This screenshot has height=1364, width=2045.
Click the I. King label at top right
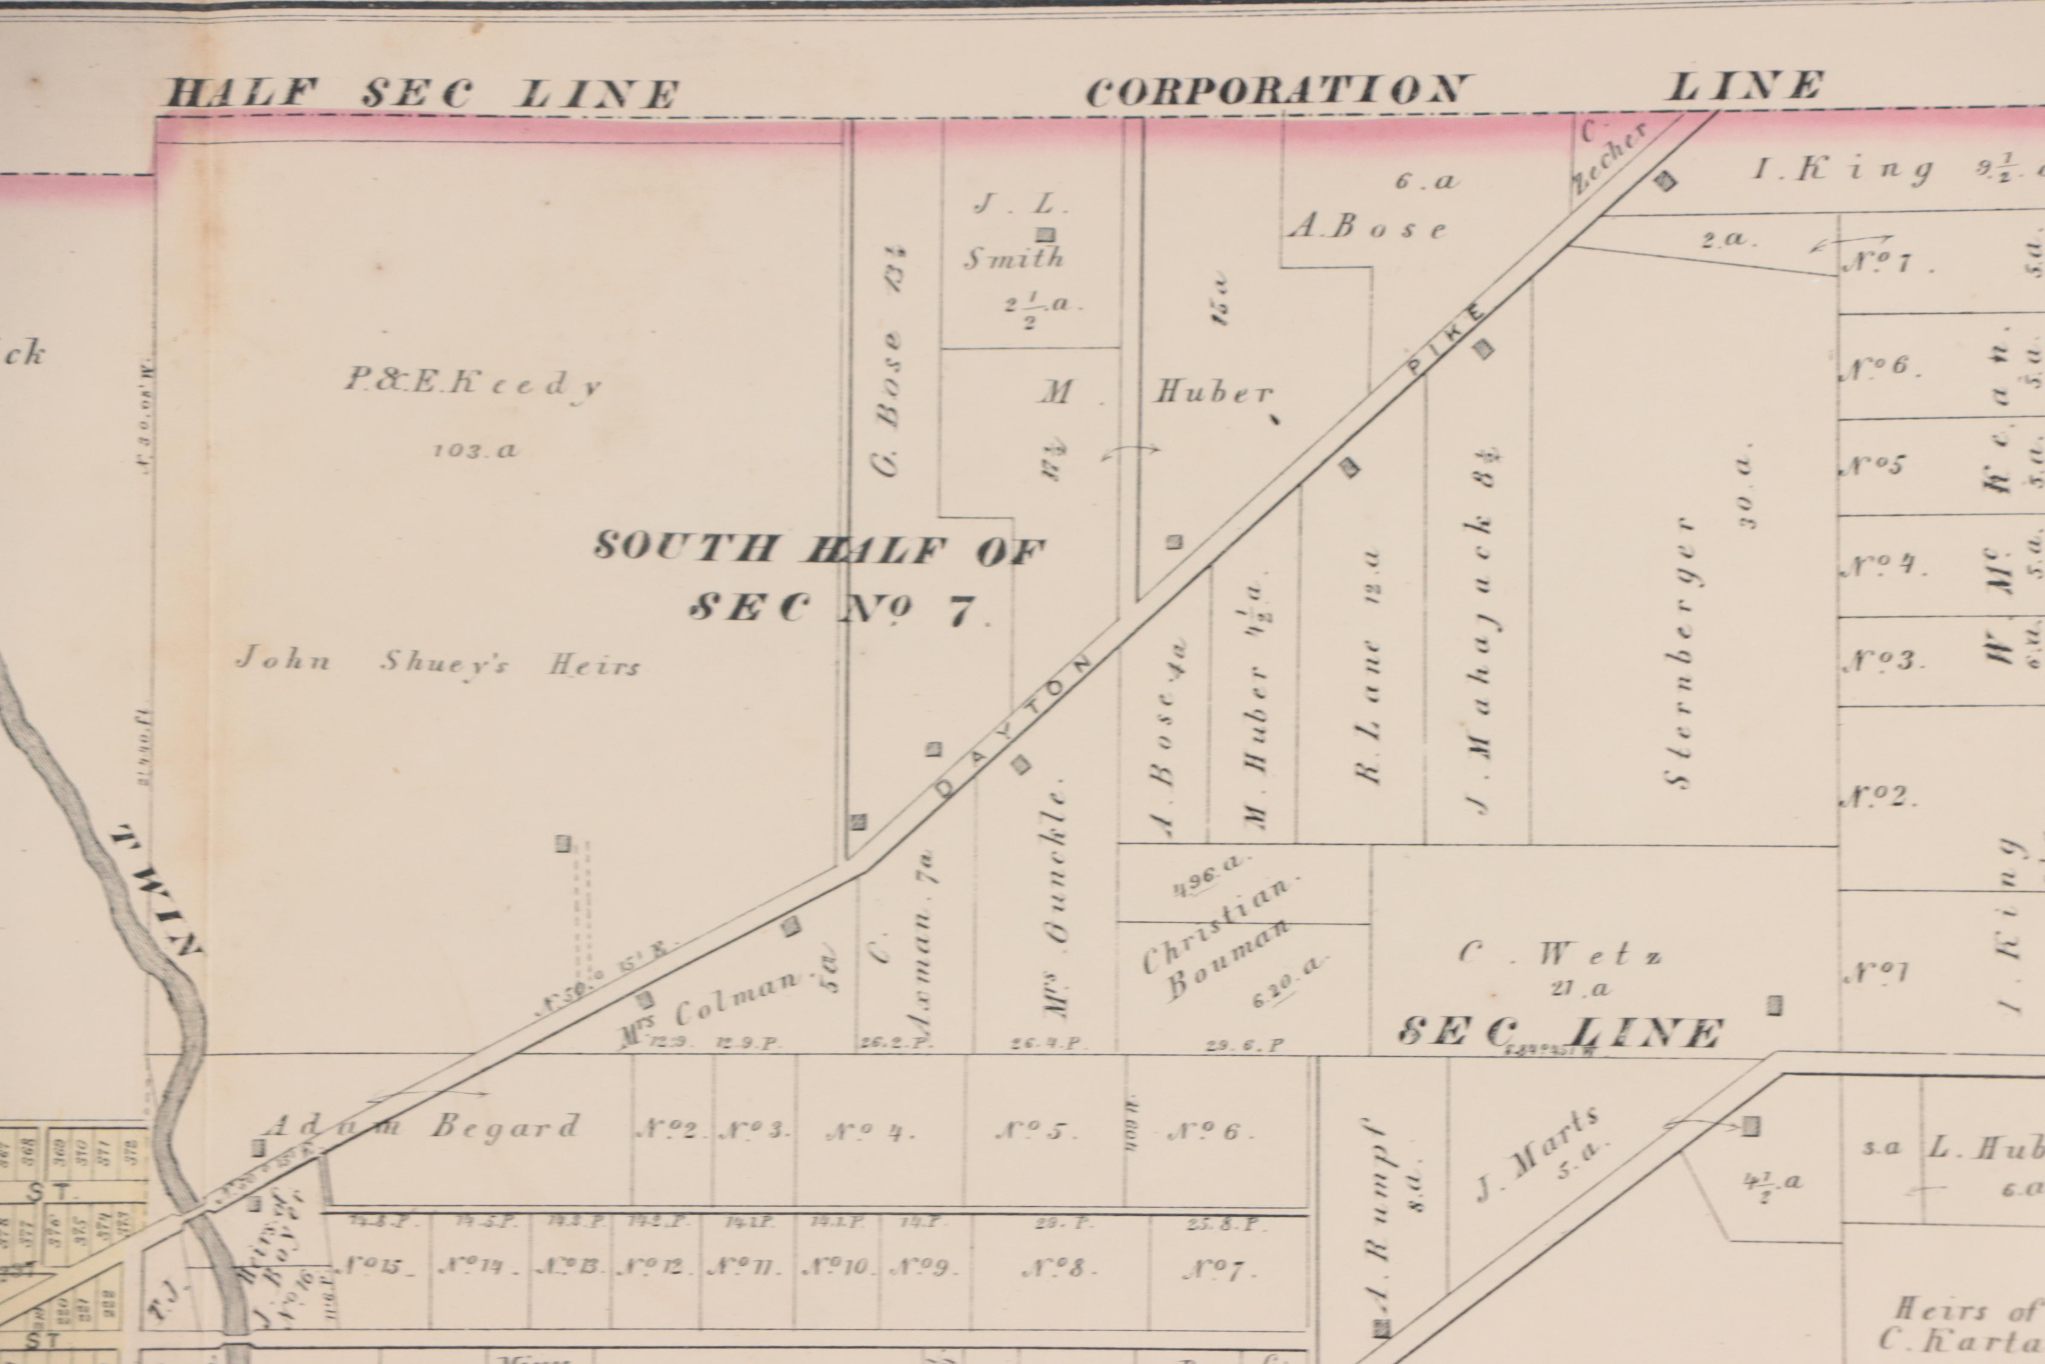coord(1843,168)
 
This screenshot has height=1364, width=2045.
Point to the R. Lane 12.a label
coord(1369,665)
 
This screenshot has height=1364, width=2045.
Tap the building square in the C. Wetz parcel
coord(1774,1005)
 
